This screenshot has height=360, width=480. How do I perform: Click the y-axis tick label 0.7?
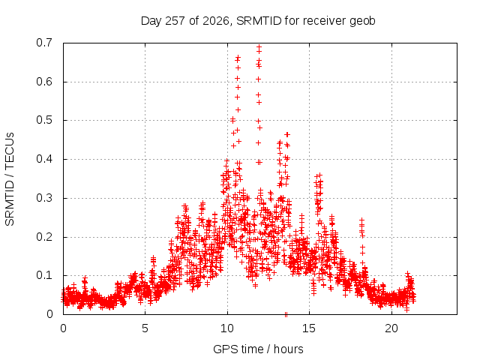[44, 43]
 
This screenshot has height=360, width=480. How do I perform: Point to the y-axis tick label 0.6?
[44, 82]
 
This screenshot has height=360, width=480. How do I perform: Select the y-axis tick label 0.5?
[44, 120]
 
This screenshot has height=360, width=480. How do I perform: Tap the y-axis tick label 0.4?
[44, 159]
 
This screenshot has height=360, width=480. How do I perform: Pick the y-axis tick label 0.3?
[44, 198]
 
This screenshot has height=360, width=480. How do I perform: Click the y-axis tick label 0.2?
[44, 237]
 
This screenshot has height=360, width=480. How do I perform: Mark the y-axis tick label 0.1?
[44, 275]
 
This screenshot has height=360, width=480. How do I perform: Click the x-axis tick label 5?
[145, 328]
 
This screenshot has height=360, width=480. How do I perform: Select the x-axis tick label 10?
[227, 328]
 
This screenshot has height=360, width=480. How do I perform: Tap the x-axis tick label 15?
[309, 328]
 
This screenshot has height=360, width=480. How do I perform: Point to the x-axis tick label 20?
[391, 328]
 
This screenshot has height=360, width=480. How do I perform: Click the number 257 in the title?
[175, 21]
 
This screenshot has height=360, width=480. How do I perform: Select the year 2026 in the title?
[216, 21]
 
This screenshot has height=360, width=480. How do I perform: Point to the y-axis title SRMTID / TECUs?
[10, 179]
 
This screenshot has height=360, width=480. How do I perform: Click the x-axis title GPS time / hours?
[258, 349]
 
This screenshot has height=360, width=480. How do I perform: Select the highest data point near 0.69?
[259, 47]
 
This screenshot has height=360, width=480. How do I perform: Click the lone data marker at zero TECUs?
[286, 314]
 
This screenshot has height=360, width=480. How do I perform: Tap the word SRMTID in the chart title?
[259, 21]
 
